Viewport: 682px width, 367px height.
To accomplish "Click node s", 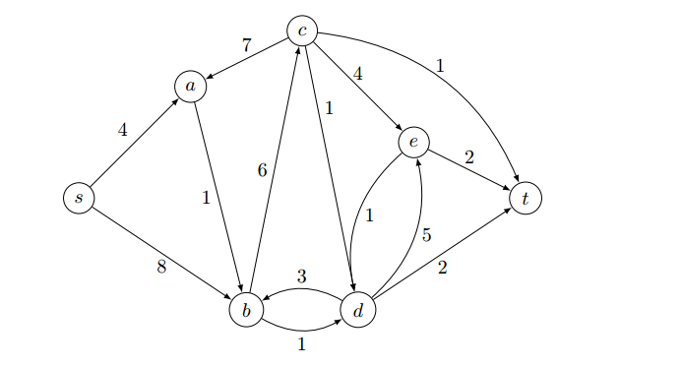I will point(78,198).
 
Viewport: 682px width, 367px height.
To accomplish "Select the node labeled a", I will point(190,87).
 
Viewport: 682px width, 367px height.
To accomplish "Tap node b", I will point(246,311).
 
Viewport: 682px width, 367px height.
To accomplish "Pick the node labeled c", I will point(302,31).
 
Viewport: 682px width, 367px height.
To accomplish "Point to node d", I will point(358,311).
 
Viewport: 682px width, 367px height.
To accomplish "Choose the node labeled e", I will point(413,143).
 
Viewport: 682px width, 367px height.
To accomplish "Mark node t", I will point(526,198).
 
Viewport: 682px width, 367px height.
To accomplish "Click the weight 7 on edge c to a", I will point(246,45).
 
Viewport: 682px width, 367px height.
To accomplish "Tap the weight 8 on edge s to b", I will point(161,265).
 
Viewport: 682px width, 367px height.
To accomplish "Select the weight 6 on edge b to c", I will point(262,170).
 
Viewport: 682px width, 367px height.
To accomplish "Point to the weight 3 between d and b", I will point(302,276).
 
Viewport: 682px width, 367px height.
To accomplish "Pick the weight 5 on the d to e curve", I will point(426,235).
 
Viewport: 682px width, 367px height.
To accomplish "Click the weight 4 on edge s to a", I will point(122,129).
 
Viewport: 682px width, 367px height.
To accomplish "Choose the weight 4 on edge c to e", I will point(358,73).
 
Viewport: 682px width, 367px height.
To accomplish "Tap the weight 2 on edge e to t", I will point(469,156).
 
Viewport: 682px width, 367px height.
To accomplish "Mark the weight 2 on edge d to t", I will point(442,267).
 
